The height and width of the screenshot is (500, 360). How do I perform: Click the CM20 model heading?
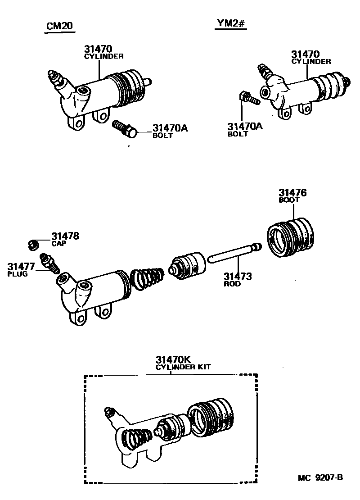point(60,27)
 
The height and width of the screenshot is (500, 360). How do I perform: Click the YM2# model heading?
point(229,24)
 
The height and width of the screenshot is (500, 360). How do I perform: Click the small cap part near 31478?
point(32,245)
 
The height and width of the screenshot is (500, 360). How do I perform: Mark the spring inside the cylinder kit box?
point(137,439)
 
